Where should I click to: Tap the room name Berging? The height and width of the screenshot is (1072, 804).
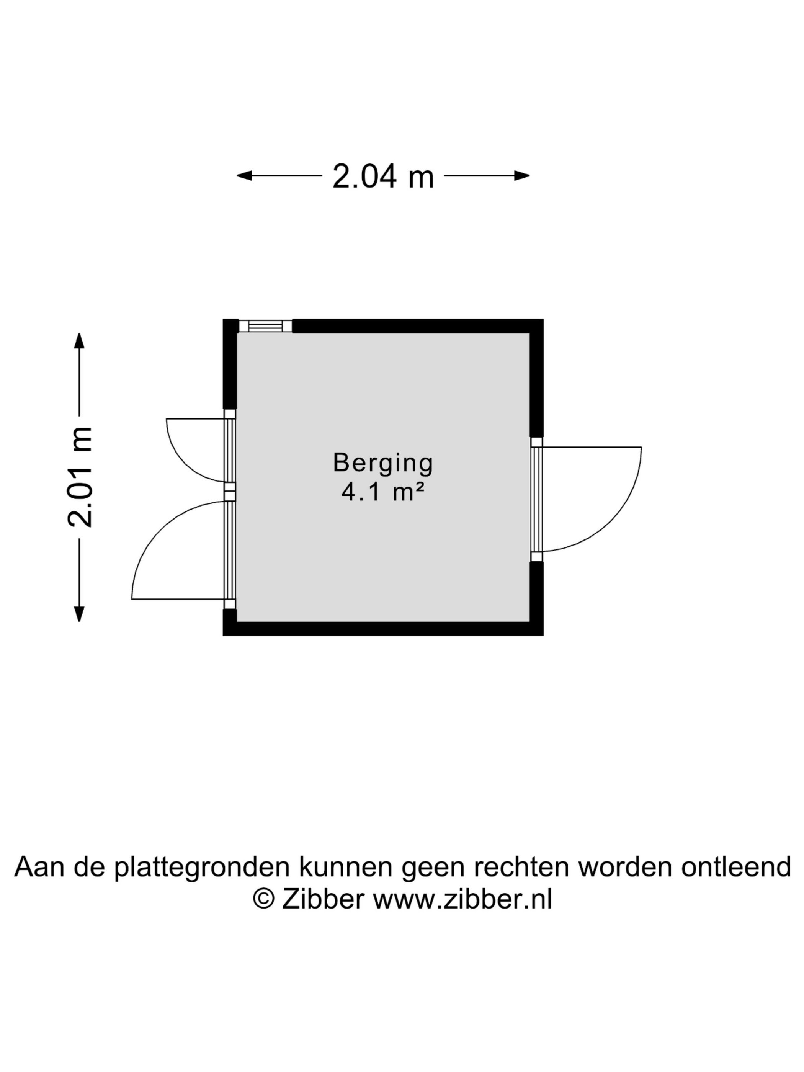383,463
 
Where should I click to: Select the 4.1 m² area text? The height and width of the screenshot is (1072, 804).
383,492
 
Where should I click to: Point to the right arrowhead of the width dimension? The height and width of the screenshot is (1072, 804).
522,176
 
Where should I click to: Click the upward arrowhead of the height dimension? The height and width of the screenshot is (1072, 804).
79,341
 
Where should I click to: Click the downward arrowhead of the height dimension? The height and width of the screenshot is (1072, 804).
79,614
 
